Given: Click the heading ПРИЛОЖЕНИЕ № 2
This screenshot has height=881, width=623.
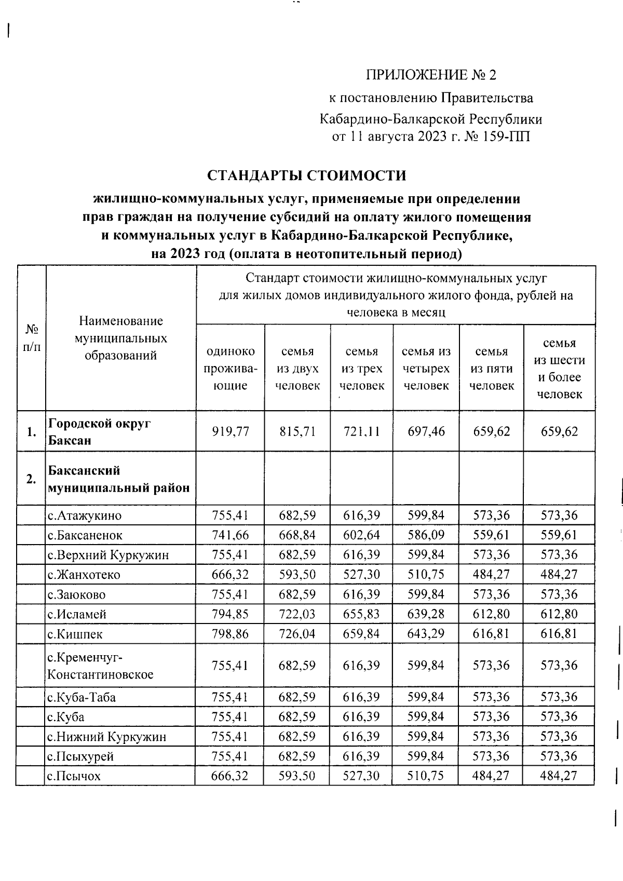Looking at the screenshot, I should coord(431,75).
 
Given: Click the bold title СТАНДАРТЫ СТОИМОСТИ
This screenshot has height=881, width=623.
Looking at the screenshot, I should coord(307,175).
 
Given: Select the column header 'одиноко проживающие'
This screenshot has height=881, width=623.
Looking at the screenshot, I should coord(230,368).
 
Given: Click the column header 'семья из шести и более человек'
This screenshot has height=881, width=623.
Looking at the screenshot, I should coord(559,368).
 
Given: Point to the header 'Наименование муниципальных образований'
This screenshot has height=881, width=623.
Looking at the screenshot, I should coord(121,338).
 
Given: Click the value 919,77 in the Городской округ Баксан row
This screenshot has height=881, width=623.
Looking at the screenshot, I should coord(230,431).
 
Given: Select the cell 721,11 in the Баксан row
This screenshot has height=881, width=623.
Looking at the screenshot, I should coord(361,431).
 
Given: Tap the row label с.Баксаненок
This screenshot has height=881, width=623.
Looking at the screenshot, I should coord(85,535).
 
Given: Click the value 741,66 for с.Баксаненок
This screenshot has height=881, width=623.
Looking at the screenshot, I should coord(230,535).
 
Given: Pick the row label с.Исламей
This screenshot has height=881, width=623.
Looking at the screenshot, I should coord(77,614).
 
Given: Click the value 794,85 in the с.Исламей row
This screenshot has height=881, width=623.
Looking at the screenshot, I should coord(230,614).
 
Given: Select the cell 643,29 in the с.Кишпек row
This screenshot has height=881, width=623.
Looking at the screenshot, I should coord(426,634).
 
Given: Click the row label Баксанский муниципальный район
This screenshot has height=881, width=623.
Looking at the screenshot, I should coord(119,479).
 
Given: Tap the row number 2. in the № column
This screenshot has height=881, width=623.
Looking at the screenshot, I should coord(31,479).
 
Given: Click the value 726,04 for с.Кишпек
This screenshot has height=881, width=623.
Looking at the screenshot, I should coord(297,634).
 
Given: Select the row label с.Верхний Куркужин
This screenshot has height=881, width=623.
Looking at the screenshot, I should coord(108,555).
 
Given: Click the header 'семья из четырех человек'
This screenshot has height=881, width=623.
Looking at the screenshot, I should coord(426,368).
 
